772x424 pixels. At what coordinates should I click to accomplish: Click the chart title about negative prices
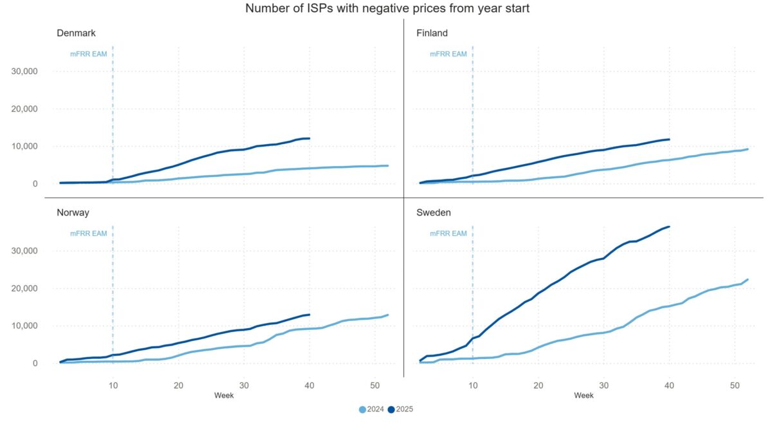click(387, 9)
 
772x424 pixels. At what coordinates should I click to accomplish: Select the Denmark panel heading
click(77, 33)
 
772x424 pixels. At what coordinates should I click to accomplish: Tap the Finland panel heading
click(432, 33)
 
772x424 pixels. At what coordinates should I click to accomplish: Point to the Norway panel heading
click(73, 212)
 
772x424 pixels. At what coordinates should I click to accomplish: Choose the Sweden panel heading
click(434, 212)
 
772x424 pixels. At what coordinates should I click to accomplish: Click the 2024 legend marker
click(363, 409)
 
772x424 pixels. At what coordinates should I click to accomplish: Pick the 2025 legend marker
click(392, 409)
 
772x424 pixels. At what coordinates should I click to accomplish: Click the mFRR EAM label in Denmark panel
click(89, 54)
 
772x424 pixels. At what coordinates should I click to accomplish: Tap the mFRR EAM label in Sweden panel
click(448, 234)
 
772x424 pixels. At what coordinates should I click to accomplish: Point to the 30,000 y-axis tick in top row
click(25, 71)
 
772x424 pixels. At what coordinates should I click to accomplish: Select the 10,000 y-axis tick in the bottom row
click(25, 326)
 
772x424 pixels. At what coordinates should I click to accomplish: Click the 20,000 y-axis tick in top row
click(25, 109)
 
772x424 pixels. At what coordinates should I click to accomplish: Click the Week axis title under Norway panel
click(224, 396)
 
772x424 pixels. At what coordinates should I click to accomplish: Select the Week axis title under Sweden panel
click(584, 396)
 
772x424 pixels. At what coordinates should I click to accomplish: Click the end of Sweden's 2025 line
click(670, 226)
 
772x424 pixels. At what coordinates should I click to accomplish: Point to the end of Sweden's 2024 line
click(748, 279)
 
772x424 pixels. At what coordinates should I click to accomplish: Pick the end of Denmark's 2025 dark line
click(309, 138)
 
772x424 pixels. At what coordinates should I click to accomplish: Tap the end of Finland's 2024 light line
click(748, 149)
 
